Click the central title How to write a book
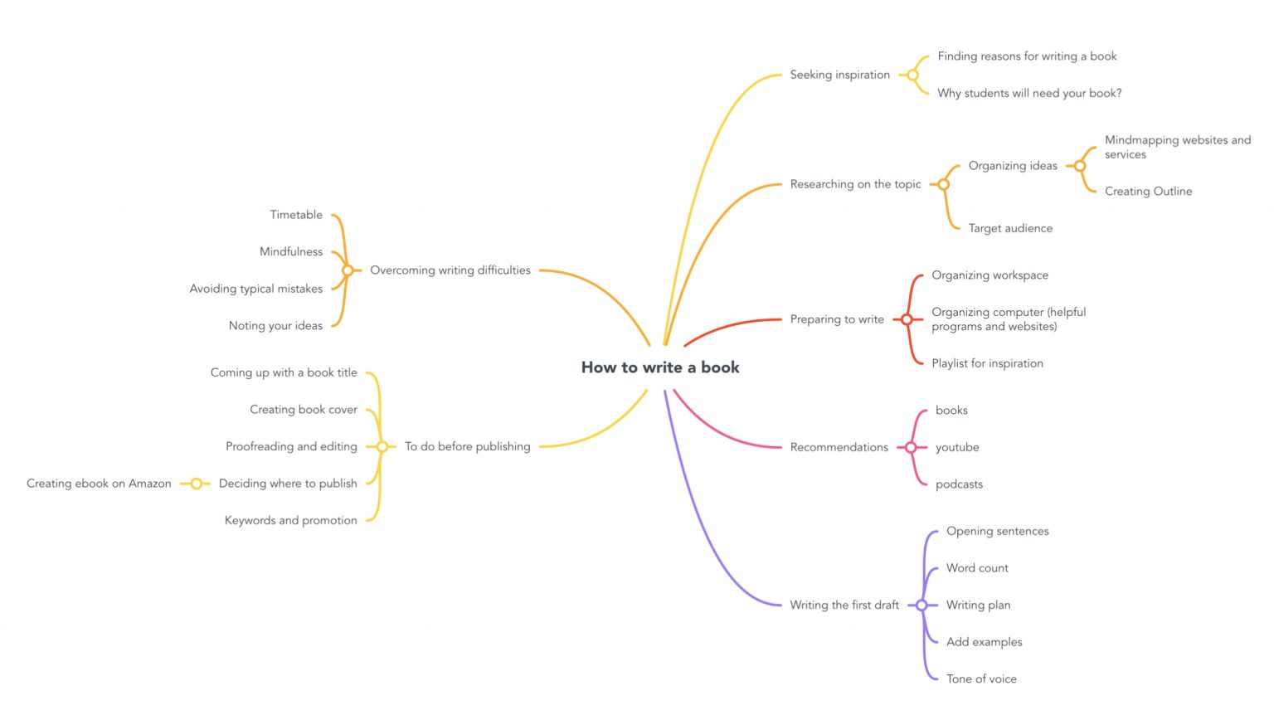[x=660, y=367]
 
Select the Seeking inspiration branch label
[x=839, y=75]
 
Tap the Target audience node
[x=1009, y=228]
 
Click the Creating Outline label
[x=1148, y=191]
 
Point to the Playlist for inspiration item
[x=987, y=363]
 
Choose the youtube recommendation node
[x=957, y=447]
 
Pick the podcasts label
[x=959, y=484]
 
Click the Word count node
[x=977, y=568]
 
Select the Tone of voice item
[x=981, y=678]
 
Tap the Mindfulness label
[x=290, y=252]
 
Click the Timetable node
[x=295, y=215]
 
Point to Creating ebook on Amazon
[x=99, y=484]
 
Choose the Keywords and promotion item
[x=290, y=521]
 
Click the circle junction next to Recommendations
[x=911, y=448]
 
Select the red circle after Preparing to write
[x=907, y=319]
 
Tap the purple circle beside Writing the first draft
[x=921, y=605]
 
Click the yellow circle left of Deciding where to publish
[x=197, y=484]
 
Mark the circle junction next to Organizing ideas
[x=1080, y=166]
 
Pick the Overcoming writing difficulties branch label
[x=450, y=270]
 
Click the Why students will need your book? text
[x=1029, y=94]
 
